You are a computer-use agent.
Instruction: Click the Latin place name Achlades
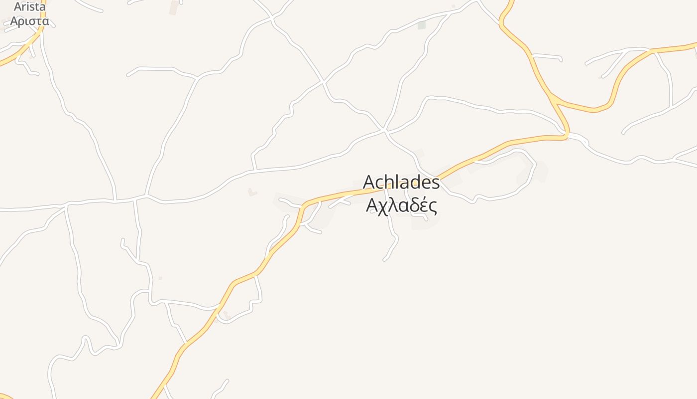pos(401,183)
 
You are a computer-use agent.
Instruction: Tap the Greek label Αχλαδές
pos(401,205)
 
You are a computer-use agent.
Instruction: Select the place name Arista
pos(29,7)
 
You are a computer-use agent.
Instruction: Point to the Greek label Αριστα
pos(29,21)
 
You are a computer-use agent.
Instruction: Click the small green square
pos(422,25)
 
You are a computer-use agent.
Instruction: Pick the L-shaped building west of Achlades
pos(252,192)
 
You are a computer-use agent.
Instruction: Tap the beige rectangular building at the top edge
pos(174,7)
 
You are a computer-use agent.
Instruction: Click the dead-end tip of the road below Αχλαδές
pos(384,259)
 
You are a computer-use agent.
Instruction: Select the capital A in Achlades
pos(369,183)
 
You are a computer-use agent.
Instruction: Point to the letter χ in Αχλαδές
pos(382,206)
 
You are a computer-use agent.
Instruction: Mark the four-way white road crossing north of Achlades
pos(384,130)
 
